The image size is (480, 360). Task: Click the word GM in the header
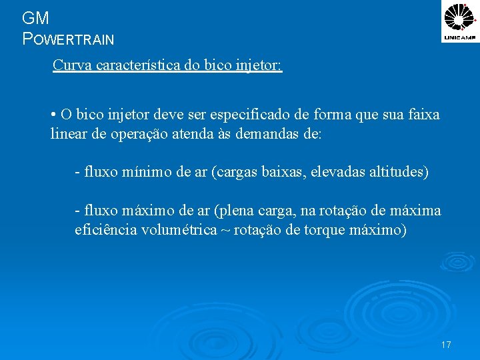pos(35,18)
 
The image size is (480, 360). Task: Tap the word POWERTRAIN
pos(69,39)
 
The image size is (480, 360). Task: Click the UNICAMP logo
pos(460,22)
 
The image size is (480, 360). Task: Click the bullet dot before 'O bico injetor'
pos(53,114)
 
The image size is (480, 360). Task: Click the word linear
pos(69,133)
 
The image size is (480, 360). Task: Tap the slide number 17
pos(446,345)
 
